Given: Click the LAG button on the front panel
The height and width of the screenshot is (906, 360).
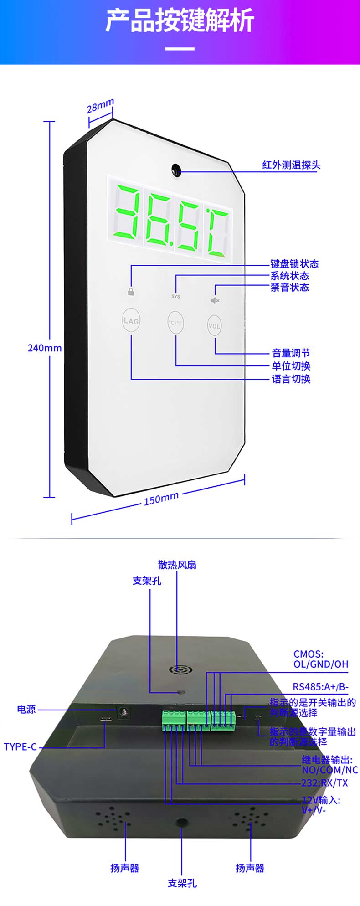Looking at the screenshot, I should pyautogui.click(x=131, y=321).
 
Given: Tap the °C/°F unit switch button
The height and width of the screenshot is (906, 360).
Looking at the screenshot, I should pyautogui.click(x=175, y=323).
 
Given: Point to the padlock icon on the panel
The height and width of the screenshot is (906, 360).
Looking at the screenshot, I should pyautogui.click(x=131, y=292).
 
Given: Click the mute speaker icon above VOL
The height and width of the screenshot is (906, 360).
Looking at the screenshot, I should pyautogui.click(x=215, y=300).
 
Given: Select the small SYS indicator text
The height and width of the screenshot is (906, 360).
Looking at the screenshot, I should pyautogui.click(x=175, y=296).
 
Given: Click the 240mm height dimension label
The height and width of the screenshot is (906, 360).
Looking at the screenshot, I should pyautogui.click(x=45, y=348).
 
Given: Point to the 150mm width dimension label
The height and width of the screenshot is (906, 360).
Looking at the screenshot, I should pyautogui.click(x=161, y=499).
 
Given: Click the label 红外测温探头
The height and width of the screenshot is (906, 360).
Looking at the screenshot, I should pyautogui.click(x=291, y=165).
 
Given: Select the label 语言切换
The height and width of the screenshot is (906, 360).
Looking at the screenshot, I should pyautogui.click(x=291, y=379).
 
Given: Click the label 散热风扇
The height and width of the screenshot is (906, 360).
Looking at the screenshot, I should pyautogui.click(x=177, y=565).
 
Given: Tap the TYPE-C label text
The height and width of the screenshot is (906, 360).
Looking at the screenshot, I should pyautogui.click(x=20, y=747).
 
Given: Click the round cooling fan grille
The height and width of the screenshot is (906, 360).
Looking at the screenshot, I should pyautogui.click(x=181, y=670).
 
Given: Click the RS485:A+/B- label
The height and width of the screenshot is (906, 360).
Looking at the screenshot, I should pyautogui.click(x=320, y=687).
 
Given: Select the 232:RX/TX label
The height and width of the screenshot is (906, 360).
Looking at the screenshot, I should pyautogui.click(x=324, y=783).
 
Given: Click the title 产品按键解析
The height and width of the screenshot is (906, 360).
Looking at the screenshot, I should pyautogui.click(x=180, y=21).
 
